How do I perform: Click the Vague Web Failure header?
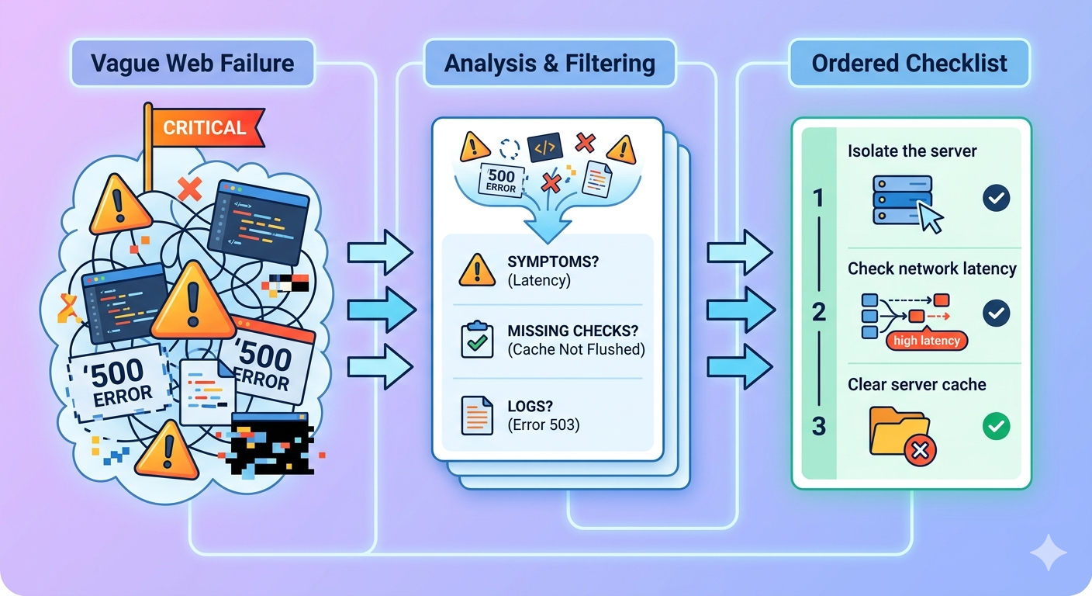[x=192, y=63]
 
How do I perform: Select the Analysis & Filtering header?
[x=549, y=63]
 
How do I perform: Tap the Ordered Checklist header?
[x=909, y=63]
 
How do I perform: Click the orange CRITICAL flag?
[x=204, y=128]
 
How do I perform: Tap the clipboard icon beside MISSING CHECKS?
[x=477, y=339]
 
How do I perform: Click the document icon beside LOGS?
[x=477, y=414]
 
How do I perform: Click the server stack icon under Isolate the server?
[x=900, y=199]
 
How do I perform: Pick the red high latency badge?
[x=926, y=340]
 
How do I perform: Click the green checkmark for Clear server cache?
[x=996, y=426]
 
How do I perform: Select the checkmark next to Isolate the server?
[x=996, y=199]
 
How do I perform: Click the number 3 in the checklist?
[x=818, y=426]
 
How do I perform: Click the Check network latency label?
[x=931, y=269]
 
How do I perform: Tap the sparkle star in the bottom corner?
[x=1048, y=553]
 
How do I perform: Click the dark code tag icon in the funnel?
[x=544, y=147]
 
